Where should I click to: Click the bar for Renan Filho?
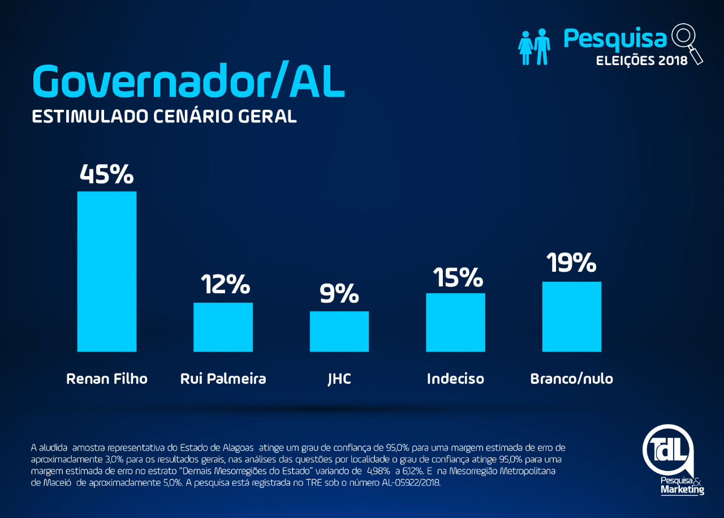tap(107, 271)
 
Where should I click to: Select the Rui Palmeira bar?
tap(223, 327)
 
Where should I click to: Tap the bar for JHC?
tap(339, 331)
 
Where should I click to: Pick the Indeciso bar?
tap(455, 322)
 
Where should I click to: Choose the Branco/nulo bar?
tap(571, 316)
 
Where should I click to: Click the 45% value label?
tap(107, 174)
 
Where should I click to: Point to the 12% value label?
tap(225, 284)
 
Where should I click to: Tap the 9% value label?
tap(339, 293)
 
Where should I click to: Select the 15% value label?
tap(458, 277)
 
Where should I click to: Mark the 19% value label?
tap(571, 263)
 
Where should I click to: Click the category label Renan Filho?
tap(107, 378)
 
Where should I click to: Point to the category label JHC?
tap(339, 378)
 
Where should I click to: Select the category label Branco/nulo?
tap(571, 378)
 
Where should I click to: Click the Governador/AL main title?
tap(188, 80)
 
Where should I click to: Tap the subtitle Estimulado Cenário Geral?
tap(164, 116)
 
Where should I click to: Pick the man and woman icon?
tap(535, 46)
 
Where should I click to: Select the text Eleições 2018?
tap(642, 60)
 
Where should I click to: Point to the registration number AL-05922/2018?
tap(399, 483)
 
